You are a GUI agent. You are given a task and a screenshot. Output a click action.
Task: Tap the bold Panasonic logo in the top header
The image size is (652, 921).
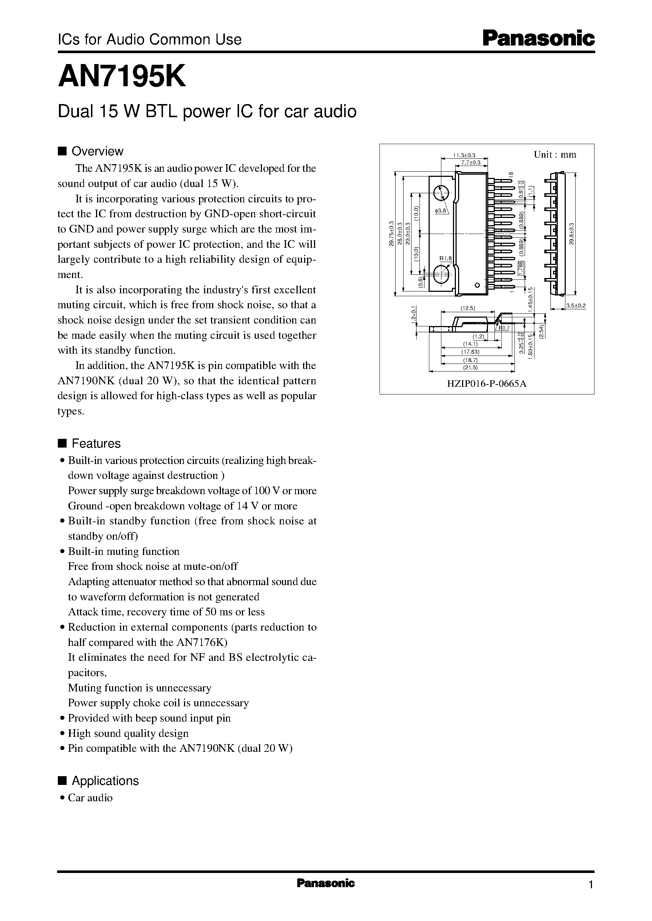(538, 39)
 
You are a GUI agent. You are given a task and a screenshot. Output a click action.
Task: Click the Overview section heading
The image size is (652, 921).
(97, 151)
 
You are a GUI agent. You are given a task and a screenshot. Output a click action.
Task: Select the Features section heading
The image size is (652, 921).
(96, 443)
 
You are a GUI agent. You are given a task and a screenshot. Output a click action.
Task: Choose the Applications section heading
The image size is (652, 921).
(105, 781)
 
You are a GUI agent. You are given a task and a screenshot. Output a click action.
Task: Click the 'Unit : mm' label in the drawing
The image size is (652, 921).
(554, 155)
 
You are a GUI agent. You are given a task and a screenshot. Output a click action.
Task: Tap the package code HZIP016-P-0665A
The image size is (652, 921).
(486, 384)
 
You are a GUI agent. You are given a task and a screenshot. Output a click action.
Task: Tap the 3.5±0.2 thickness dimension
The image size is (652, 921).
(576, 306)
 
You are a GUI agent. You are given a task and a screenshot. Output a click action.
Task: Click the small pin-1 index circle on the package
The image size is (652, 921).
(477, 285)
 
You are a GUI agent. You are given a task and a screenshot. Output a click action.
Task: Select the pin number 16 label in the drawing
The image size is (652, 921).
(511, 174)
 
